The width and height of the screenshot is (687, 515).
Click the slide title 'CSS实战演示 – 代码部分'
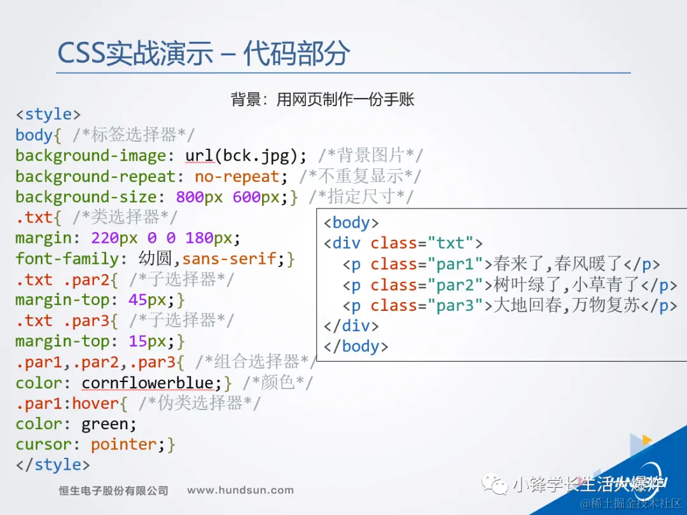click(204, 53)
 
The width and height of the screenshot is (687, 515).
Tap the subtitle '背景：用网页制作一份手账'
click(323, 99)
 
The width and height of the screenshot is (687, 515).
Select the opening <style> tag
click(48, 114)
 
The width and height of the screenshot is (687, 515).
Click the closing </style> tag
click(53, 464)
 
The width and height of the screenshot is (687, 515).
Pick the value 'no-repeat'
click(237, 177)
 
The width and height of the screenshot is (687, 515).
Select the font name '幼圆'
click(156, 258)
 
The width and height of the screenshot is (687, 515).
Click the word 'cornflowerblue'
click(148, 383)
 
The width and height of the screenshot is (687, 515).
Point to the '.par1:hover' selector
click(67, 403)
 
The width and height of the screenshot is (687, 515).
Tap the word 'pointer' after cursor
click(123, 444)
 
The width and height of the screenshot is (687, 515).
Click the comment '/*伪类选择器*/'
click(199, 403)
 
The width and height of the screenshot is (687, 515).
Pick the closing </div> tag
click(351, 326)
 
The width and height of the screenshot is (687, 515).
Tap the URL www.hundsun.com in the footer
click(240, 490)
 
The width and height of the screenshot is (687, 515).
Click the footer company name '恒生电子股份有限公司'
click(113, 490)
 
